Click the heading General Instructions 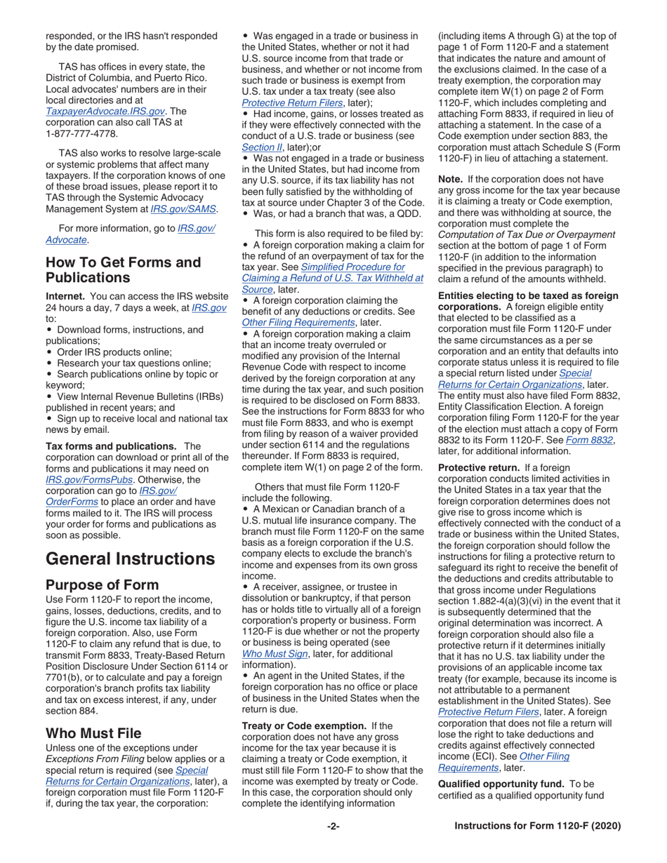(130, 558)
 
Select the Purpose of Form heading (102, 584)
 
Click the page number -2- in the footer (333, 826)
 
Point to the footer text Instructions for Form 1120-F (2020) (537, 826)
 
